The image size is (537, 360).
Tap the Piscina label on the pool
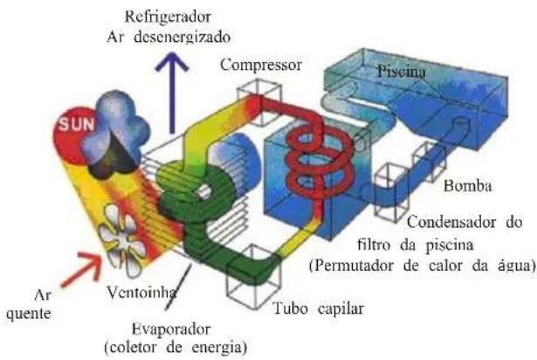coord(401,74)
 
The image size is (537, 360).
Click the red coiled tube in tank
coord(308,157)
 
